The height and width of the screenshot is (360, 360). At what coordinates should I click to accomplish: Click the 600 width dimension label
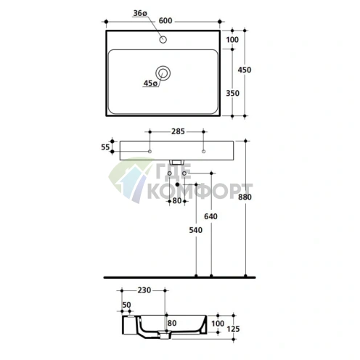[165, 21]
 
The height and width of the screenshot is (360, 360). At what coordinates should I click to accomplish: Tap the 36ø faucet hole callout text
[140, 13]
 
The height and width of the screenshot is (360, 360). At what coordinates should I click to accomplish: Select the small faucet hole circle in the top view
[163, 39]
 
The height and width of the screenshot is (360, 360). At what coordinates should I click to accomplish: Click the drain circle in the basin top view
[163, 73]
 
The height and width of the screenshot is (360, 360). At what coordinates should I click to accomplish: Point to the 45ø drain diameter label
[150, 83]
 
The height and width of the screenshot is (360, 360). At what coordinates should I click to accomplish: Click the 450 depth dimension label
[245, 70]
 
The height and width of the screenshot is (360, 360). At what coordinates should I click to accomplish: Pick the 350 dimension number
[232, 93]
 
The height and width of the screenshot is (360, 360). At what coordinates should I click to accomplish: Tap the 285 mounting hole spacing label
[178, 131]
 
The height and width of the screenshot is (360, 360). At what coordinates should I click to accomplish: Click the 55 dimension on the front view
[105, 147]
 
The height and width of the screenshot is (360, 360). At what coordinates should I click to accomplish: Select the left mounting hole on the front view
[150, 152]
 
